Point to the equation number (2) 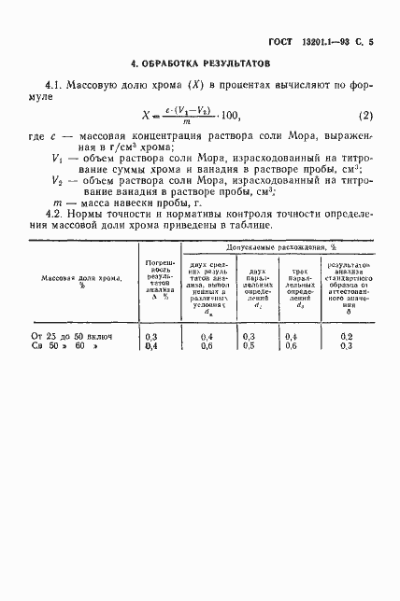(x=366, y=115)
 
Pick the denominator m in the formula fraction (x=190, y=123)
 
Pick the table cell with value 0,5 (x=250, y=345)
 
